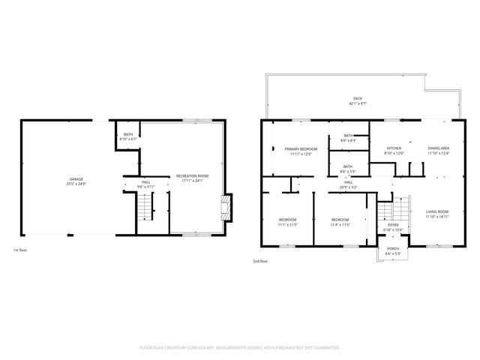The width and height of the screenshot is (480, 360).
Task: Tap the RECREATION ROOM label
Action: pos(192,178)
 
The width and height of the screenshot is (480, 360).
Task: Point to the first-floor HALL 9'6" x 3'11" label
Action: pos(146,184)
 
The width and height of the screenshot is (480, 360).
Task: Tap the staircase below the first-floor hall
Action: pos(142,205)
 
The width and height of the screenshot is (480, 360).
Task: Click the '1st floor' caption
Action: pos(22,250)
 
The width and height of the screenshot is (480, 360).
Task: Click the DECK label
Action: pos(358,100)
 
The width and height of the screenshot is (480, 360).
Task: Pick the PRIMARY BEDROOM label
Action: pos(301,151)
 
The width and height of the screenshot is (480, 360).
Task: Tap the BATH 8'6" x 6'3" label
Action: pos(348,138)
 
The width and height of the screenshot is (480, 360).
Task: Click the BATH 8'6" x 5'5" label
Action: pos(348,169)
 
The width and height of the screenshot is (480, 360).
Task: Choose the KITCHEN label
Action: pos(394,151)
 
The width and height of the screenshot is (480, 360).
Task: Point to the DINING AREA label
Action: pos(439,151)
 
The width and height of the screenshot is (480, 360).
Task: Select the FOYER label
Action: pos(393,226)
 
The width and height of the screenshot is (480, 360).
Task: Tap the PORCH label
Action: pos(393,251)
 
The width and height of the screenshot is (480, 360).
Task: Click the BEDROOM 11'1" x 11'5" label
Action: pos(288,222)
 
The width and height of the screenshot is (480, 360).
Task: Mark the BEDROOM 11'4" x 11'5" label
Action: pos(341,222)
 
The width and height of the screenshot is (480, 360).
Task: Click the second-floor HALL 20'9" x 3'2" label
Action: pos(349,184)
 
